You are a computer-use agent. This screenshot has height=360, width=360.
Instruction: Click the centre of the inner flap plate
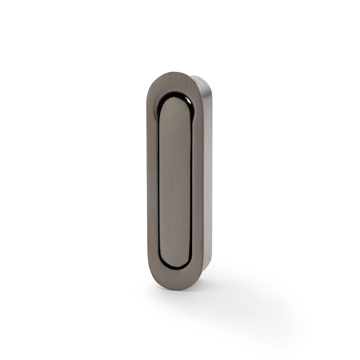(175, 184)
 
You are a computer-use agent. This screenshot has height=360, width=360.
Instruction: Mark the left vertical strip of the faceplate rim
(152, 180)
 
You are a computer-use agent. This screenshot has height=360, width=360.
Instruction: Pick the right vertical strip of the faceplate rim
(198, 180)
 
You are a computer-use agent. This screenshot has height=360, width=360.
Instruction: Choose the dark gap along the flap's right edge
(192, 184)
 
